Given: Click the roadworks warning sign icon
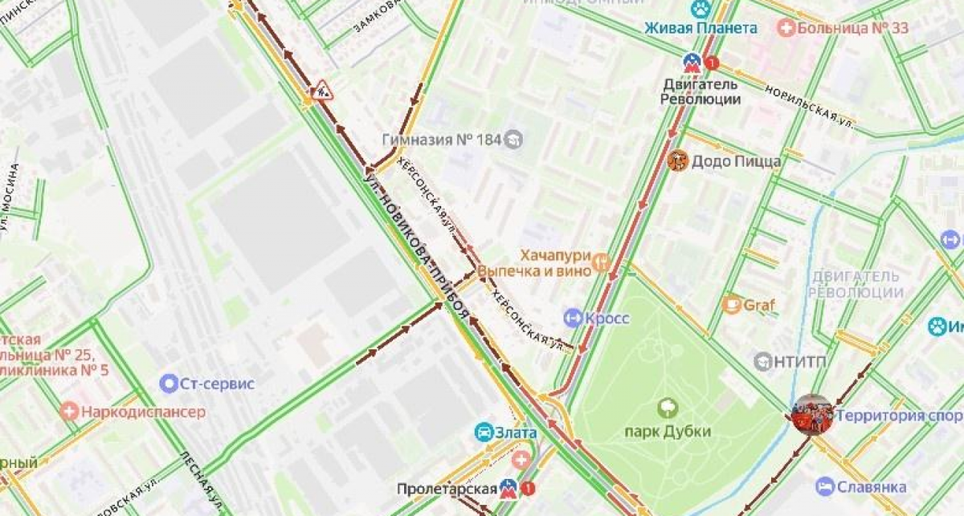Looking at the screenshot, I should tap(323, 89).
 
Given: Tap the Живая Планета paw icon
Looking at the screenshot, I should tap(701, 9).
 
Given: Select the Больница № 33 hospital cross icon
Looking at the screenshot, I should tap(787, 28).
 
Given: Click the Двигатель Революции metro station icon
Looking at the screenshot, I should tap(691, 62).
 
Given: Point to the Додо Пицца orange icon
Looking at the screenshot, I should tap(677, 161).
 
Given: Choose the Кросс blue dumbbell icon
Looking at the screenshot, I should tap(572, 319).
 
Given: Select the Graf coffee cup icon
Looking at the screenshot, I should tap(731, 304).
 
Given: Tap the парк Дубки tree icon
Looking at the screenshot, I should tap(668, 408).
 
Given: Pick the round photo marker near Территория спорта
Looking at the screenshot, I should tap(811, 415).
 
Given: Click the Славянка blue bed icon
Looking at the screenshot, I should tap(824, 486).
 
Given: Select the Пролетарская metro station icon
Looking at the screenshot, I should tap(508, 488).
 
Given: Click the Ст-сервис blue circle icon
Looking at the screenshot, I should tap(169, 384).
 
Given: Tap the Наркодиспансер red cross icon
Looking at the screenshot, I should tap(70, 412).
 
